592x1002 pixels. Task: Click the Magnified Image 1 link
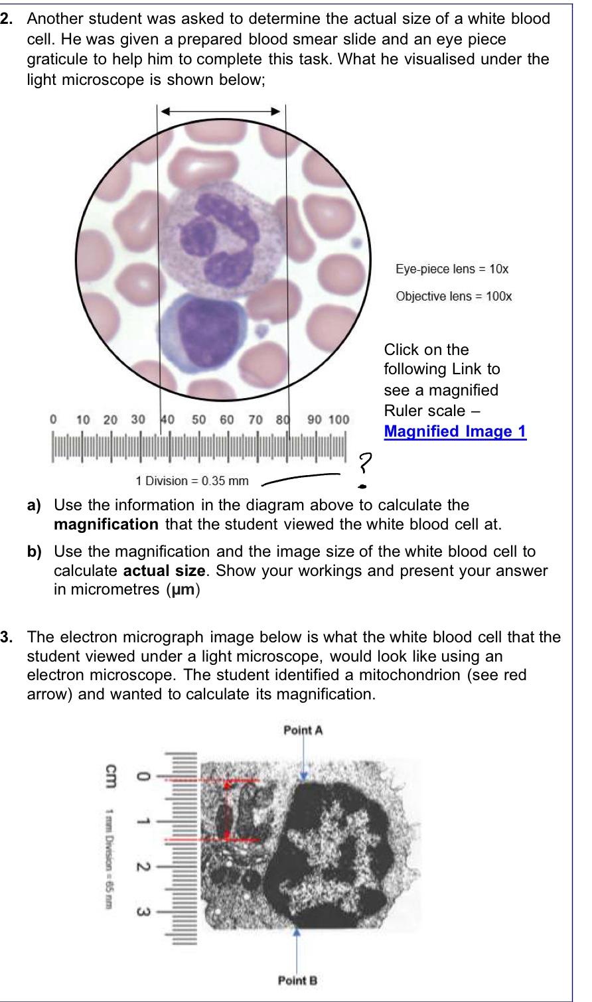(x=455, y=431)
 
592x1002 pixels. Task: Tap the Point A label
(x=303, y=731)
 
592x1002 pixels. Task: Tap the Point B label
(x=297, y=980)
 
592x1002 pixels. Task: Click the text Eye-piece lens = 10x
(x=452, y=269)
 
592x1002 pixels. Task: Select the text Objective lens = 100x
(x=454, y=296)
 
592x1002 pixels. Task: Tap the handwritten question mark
(x=364, y=463)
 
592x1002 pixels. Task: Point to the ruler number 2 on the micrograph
(x=141, y=867)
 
